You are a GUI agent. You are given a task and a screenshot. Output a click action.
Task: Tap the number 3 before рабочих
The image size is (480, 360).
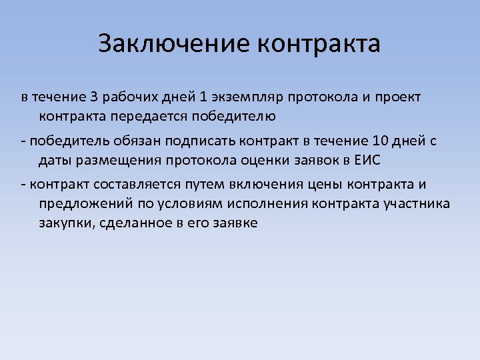click(94, 97)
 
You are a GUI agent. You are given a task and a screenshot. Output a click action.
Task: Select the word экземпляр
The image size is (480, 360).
click(246, 97)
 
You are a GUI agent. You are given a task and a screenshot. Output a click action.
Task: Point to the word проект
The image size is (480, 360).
click(397, 97)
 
